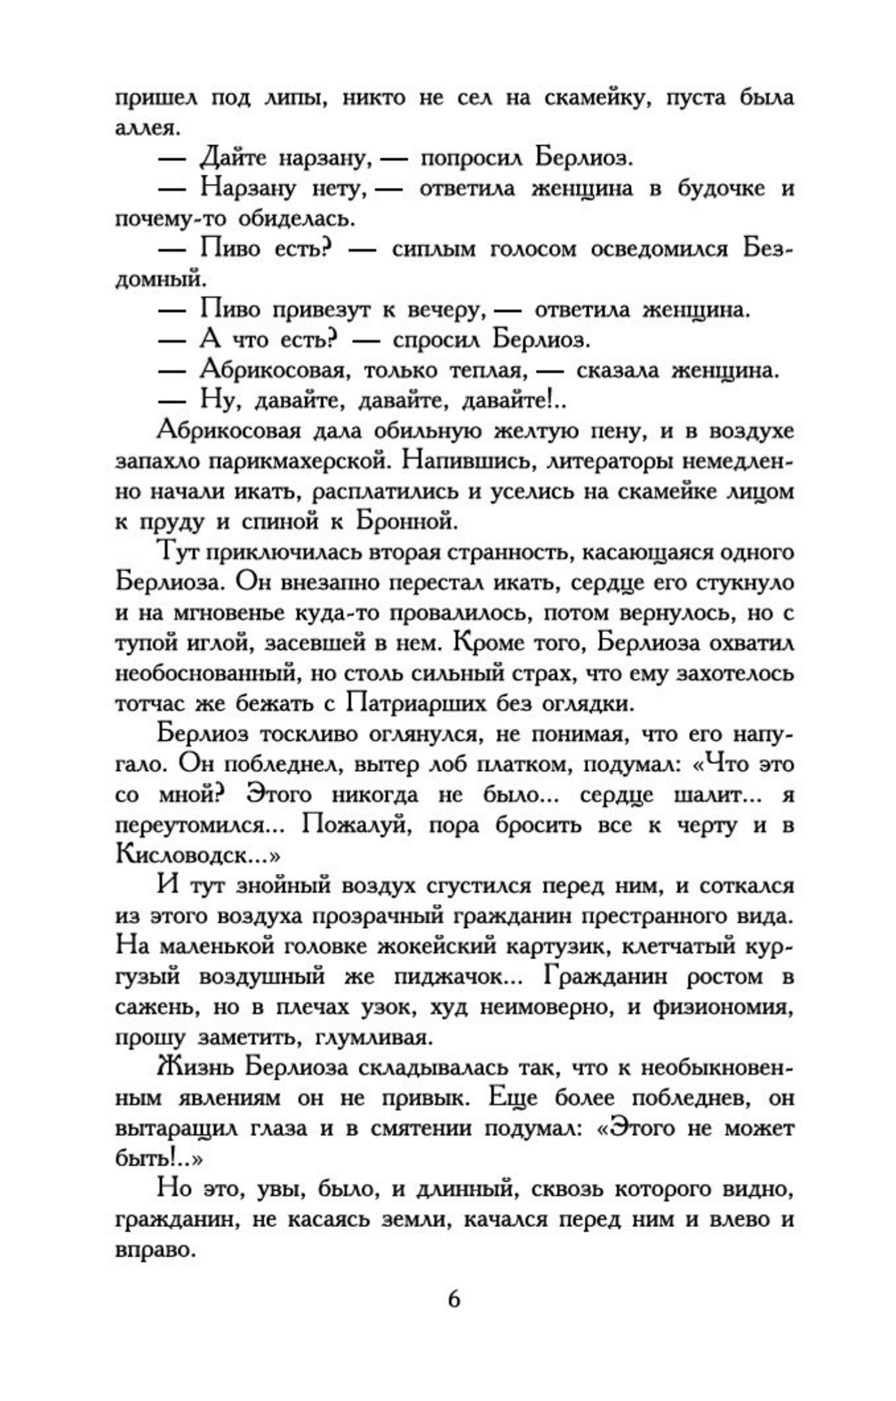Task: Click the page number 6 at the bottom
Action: (454, 1298)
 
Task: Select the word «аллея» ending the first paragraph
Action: (144, 128)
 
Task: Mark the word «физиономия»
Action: (723, 1006)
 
